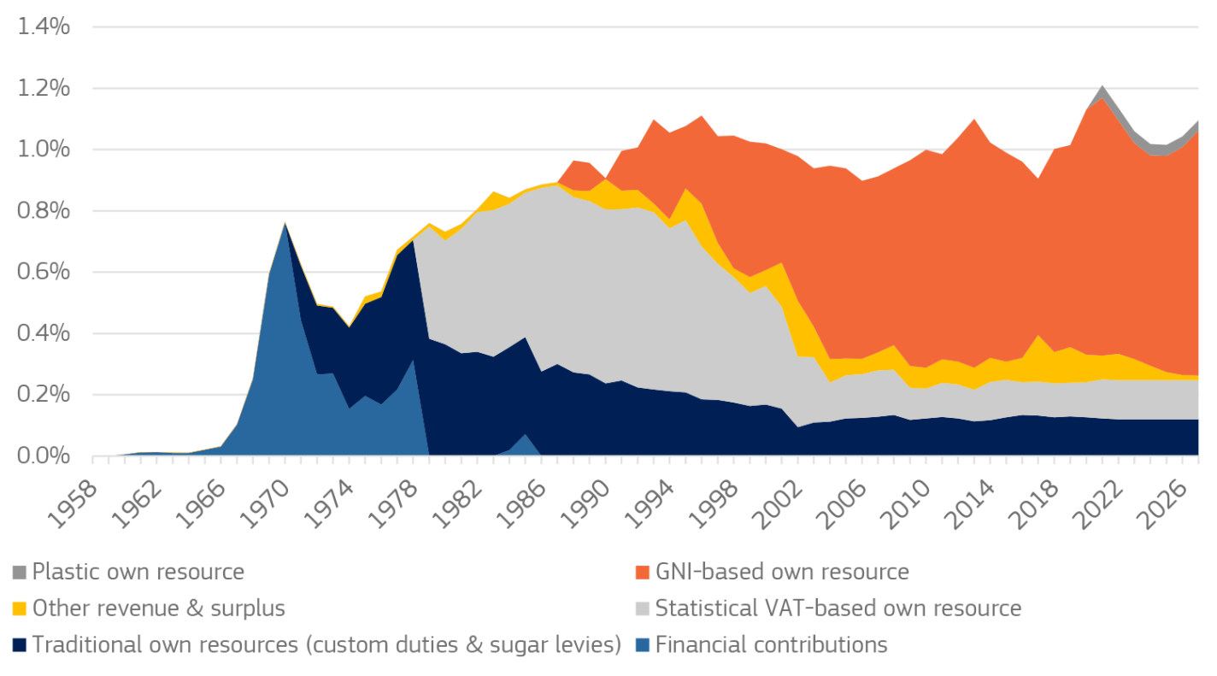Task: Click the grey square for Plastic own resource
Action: tap(19, 572)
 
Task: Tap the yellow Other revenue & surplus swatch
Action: tap(19, 608)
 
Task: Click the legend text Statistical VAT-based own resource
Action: tap(838, 608)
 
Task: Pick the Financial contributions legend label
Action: tap(771, 644)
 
